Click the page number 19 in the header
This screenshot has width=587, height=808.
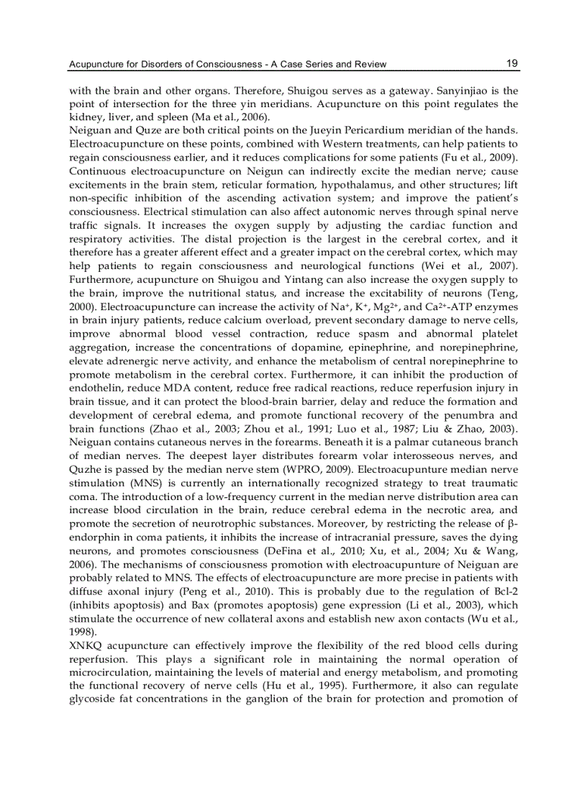point(511,63)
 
